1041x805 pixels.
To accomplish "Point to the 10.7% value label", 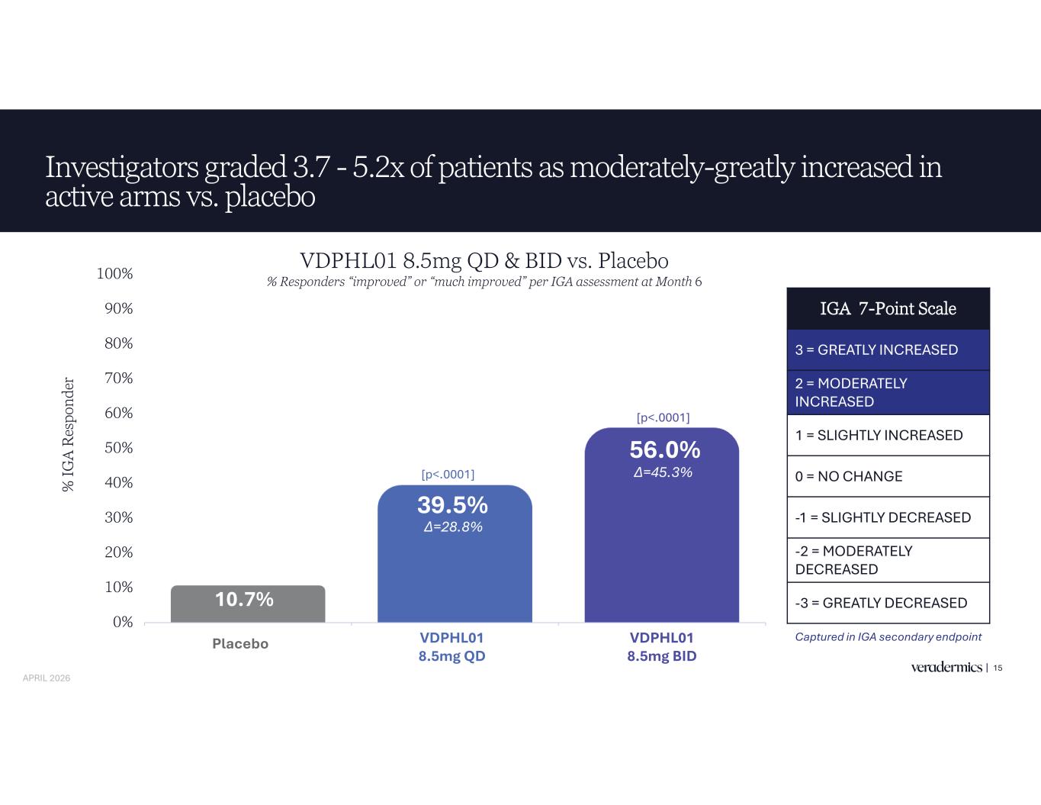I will point(244,599).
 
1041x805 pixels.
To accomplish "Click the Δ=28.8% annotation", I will point(453,526).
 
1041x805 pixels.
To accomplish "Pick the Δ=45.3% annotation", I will point(663,472).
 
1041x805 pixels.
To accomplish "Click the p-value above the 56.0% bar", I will point(663,417).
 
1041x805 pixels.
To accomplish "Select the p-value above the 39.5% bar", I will point(448,475).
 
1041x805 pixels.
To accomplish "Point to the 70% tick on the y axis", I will point(118,378).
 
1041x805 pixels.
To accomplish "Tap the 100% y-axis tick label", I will point(115,273).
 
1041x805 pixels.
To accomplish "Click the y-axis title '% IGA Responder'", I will point(69,434).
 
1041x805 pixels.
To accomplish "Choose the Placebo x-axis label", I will point(240,644).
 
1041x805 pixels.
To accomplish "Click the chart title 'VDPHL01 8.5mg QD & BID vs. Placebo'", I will point(484,260).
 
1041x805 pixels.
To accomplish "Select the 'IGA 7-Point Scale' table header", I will point(888,308).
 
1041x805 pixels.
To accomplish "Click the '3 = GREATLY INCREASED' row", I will point(888,349).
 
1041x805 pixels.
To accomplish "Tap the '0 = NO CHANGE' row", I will point(888,476).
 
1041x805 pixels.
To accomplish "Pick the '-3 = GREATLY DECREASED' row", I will point(888,603).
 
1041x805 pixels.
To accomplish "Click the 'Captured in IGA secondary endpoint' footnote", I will point(888,636).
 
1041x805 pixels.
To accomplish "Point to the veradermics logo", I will point(946,668).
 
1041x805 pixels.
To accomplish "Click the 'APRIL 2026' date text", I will point(47,678).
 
